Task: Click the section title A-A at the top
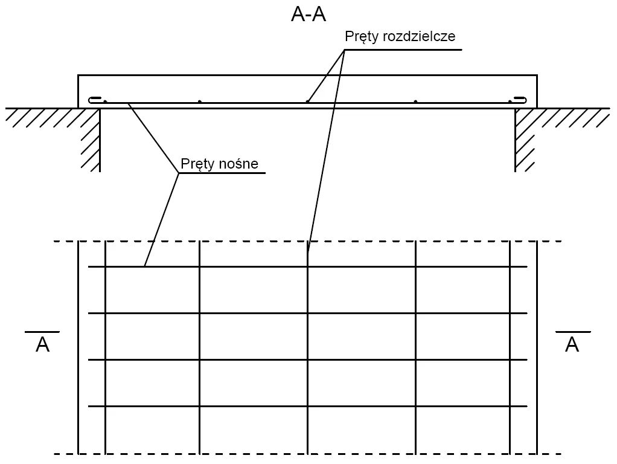(x=308, y=14)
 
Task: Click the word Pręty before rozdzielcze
(x=361, y=37)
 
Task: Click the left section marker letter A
(x=42, y=345)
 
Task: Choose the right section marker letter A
(x=572, y=345)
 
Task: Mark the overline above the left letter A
(x=42, y=332)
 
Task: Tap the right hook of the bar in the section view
(x=520, y=100)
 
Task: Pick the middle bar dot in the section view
(x=307, y=101)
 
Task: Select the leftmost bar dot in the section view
(x=105, y=101)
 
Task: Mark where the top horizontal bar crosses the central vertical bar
(x=307, y=266)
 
